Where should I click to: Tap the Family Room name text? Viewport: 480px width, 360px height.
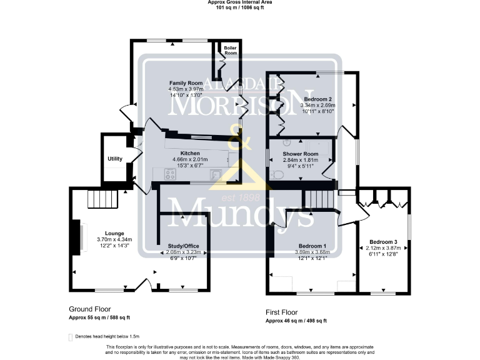click(x=186, y=83)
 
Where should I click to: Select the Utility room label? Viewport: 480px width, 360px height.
click(x=114, y=159)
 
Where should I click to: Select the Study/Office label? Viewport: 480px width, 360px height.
click(x=183, y=246)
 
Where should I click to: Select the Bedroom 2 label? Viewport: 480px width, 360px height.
click(x=317, y=99)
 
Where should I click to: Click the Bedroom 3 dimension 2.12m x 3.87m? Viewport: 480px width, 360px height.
click(x=382, y=247)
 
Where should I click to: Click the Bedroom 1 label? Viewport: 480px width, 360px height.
click(x=311, y=246)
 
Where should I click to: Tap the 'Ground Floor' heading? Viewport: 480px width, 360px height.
click(x=90, y=309)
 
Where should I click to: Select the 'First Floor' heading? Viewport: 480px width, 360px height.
click(x=282, y=312)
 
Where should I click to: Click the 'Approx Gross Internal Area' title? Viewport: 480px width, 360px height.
click(x=240, y=2)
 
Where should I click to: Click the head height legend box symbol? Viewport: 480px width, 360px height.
click(x=70, y=337)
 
